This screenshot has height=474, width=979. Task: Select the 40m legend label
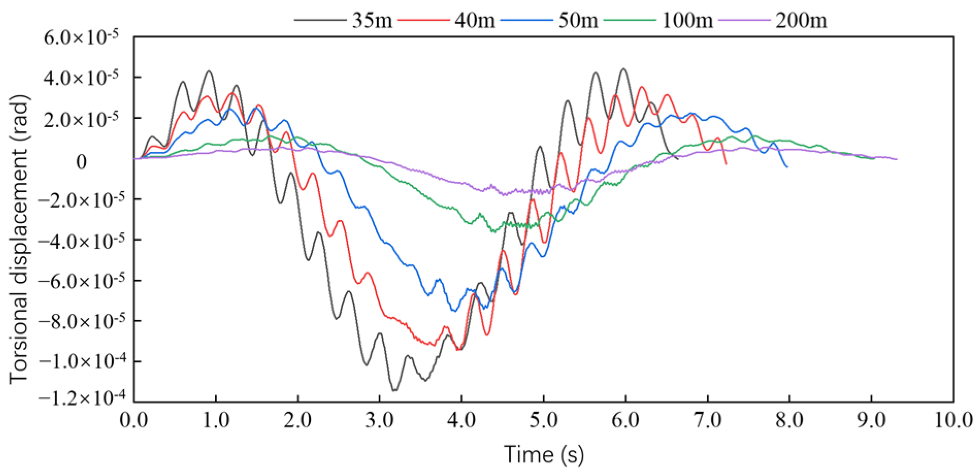pos(475,21)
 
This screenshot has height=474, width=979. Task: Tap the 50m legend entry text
pos(578,21)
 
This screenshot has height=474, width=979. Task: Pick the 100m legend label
pos(687,21)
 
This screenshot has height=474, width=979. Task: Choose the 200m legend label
pos(801,21)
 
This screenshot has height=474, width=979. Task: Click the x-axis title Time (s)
pos(543,454)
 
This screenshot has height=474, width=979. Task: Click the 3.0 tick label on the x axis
pos(379,420)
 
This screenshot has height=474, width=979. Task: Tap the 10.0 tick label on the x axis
pos(953,420)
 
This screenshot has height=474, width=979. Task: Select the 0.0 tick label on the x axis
pos(134,420)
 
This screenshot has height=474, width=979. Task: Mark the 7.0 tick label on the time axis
pos(707,420)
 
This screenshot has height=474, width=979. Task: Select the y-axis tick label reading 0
pos(81,162)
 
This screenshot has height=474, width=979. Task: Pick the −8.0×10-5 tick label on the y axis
pos(81,321)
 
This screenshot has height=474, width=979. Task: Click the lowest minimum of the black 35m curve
pos(394,391)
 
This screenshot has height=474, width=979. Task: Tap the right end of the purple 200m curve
pos(897,159)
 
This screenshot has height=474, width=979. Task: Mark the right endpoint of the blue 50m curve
pos(787,167)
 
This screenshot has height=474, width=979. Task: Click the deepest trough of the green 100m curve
pos(494,232)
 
